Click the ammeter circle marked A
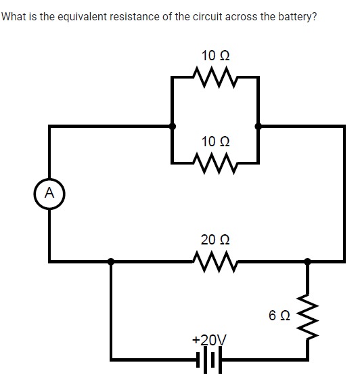click(x=49, y=192)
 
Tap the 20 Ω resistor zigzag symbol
click(x=215, y=260)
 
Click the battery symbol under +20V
click(x=210, y=360)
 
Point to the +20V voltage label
click(x=210, y=339)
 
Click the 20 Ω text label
click(x=215, y=239)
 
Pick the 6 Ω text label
click(x=279, y=316)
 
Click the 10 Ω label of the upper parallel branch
click(x=215, y=55)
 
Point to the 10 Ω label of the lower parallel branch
click(x=215, y=142)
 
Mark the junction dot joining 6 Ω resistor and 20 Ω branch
click(x=309, y=260)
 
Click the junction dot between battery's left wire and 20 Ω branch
click(x=112, y=260)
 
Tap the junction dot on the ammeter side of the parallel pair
click(x=173, y=125)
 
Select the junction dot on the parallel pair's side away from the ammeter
click(x=258, y=125)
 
